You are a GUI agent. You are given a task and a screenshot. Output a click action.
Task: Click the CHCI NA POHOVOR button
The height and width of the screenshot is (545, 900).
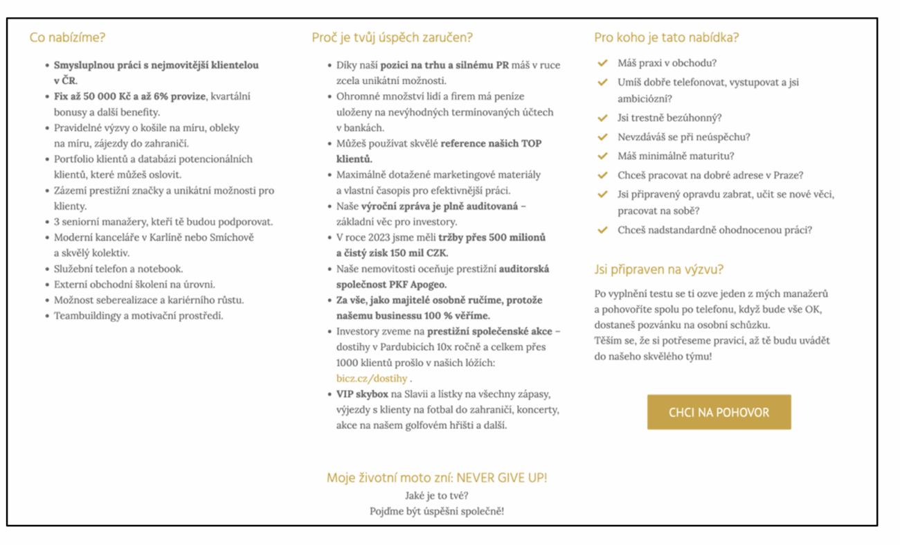(x=719, y=412)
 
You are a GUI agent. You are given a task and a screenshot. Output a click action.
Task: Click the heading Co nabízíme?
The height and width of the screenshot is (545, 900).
(x=67, y=37)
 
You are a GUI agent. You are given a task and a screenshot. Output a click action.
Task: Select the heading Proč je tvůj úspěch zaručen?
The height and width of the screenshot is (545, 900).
(x=392, y=37)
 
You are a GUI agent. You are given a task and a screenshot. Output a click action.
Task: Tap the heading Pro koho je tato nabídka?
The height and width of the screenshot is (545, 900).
(x=666, y=37)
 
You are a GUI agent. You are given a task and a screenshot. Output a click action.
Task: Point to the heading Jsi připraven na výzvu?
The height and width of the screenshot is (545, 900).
(x=658, y=269)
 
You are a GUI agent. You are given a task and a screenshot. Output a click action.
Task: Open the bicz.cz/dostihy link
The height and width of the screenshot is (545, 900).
(x=372, y=379)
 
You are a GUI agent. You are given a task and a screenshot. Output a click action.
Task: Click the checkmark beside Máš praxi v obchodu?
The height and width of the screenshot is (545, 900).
(x=603, y=63)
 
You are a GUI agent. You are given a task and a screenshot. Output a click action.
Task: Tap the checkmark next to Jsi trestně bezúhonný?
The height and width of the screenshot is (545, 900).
(x=603, y=118)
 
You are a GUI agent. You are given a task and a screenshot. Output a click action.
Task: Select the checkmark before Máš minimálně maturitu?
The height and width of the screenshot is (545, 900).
(x=603, y=157)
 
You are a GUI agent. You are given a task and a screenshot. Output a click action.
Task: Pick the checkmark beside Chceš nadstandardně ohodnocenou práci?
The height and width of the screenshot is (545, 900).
(x=603, y=230)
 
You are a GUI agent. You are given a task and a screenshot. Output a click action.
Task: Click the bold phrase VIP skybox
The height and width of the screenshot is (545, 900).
(x=362, y=394)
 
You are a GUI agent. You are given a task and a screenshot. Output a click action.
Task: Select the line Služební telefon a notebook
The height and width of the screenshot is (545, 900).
(x=118, y=269)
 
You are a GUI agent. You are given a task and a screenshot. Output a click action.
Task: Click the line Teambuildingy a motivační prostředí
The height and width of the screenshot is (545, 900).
(x=138, y=316)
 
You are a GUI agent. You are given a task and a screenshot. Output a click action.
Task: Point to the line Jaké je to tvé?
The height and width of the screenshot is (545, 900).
(x=436, y=496)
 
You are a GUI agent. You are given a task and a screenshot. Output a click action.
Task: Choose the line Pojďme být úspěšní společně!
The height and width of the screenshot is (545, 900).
(x=436, y=512)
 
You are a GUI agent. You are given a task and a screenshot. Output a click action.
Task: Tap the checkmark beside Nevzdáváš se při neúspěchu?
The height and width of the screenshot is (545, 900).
(x=603, y=137)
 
